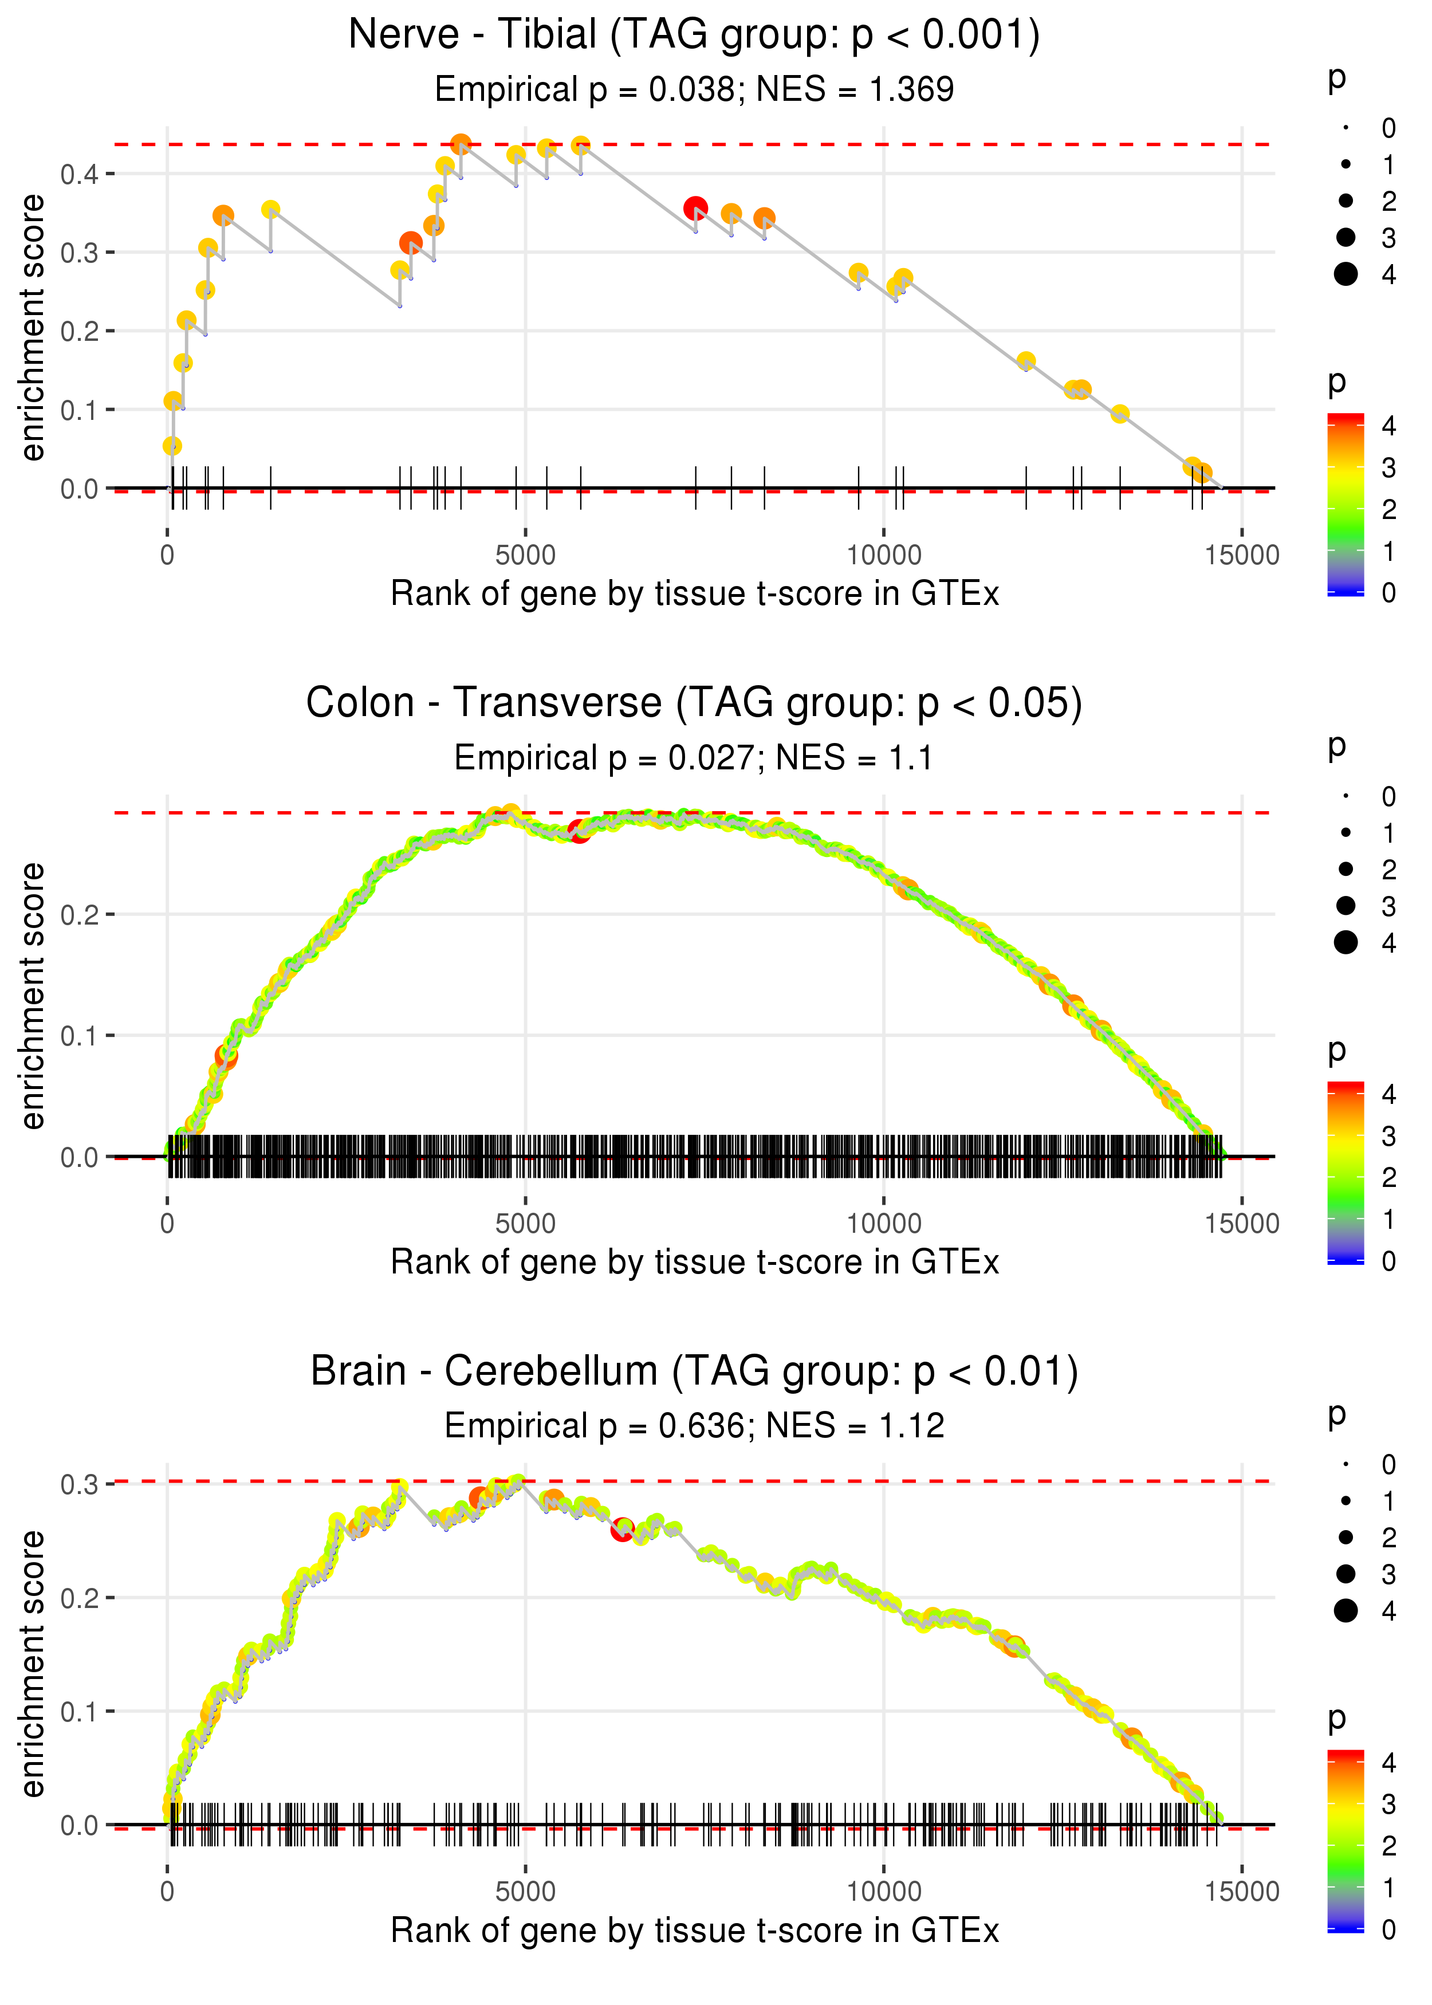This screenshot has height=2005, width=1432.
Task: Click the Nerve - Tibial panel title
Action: (694, 34)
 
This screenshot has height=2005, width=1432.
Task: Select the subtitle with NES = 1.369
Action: (694, 89)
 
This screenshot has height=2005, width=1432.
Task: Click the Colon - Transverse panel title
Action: (694, 703)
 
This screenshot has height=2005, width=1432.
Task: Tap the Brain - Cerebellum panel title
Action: (694, 1371)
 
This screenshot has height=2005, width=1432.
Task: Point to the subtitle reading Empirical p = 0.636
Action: (694, 1426)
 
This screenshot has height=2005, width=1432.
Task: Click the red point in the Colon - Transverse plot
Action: (579, 831)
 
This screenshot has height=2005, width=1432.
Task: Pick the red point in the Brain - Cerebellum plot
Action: (623, 1530)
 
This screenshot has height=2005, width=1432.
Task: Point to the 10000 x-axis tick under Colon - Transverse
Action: (883, 1223)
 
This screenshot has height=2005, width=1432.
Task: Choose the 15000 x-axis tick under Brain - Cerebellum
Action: (1241, 1891)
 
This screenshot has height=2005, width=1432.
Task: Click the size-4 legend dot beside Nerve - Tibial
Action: (1346, 274)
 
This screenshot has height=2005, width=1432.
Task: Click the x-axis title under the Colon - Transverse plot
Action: (695, 1263)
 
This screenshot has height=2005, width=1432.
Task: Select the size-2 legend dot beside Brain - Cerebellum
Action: (1346, 1538)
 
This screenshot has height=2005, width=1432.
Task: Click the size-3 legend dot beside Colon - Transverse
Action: (1346, 906)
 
